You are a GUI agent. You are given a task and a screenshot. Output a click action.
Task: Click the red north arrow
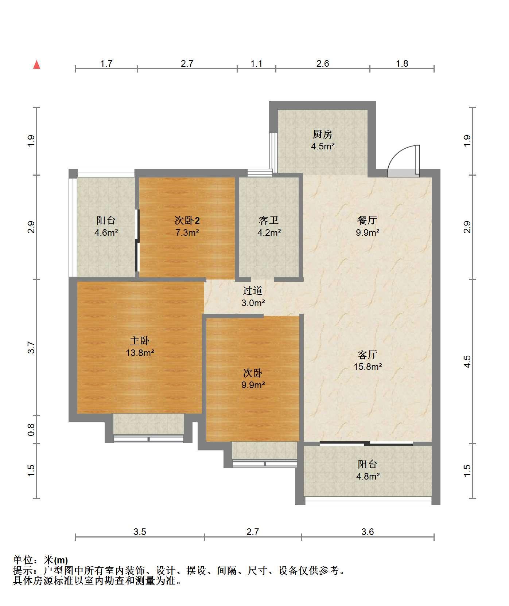click(36, 64)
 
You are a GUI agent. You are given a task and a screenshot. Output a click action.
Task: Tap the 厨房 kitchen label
click(323, 134)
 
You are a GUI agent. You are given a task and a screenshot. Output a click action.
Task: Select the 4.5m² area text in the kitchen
click(323, 146)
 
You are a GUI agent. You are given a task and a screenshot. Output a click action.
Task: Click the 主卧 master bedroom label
click(140, 341)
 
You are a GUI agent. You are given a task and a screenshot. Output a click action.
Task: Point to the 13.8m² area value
click(140, 353)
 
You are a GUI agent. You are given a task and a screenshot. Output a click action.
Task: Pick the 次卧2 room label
click(187, 220)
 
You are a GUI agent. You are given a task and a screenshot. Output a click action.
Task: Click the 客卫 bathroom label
click(269, 220)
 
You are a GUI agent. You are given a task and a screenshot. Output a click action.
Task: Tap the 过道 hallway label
click(253, 291)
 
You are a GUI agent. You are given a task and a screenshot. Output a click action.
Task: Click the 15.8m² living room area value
click(368, 367)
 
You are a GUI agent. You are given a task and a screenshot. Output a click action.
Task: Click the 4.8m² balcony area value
click(368, 476)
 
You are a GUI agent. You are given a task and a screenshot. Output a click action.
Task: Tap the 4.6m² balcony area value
click(106, 232)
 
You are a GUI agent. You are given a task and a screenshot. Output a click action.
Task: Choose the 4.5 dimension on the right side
click(467, 361)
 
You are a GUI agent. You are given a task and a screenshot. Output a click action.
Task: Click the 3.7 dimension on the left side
click(32, 347)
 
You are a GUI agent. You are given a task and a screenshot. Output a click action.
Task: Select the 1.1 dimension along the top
click(256, 64)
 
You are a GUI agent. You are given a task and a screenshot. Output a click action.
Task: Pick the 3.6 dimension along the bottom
click(368, 532)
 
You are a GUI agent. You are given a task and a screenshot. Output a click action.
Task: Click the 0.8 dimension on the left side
click(32, 430)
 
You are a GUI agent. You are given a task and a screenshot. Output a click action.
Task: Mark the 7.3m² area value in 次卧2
click(187, 232)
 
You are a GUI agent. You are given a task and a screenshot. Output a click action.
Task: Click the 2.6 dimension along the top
click(323, 64)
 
